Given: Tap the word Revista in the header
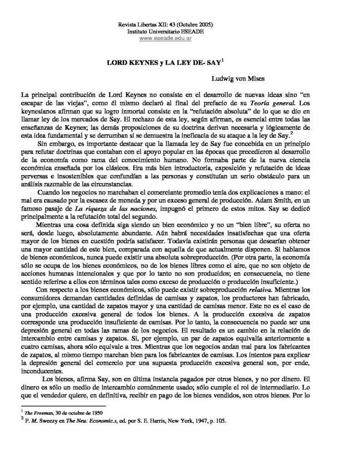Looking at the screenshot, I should (127, 24).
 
